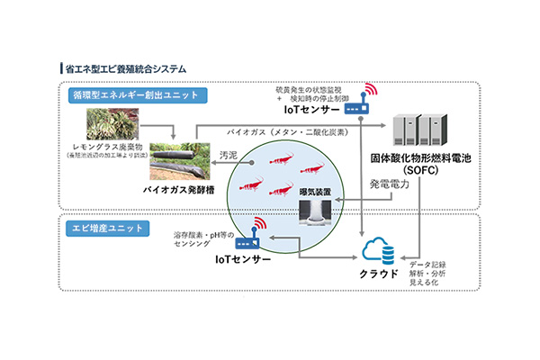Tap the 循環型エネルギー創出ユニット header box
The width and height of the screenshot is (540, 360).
pyautogui.click(x=135, y=94)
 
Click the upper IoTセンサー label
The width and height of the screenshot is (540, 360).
pyautogui.click(x=313, y=109)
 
